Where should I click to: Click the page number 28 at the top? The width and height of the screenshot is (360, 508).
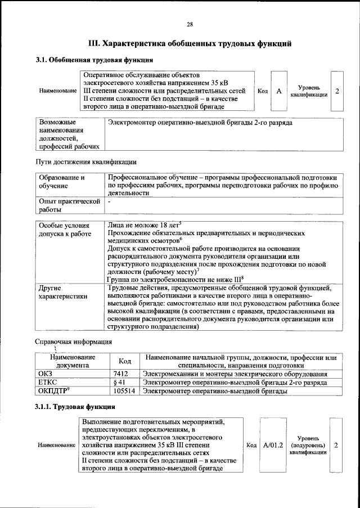[x=190, y=24]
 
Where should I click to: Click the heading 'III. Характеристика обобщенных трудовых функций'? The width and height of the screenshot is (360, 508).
[x=190, y=43]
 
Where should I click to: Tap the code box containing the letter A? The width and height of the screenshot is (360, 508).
[x=278, y=91]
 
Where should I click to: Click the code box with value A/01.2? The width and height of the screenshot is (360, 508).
[x=272, y=445]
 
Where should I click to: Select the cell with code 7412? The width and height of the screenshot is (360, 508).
[x=121, y=374]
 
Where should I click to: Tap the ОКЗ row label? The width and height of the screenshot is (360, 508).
[x=44, y=374]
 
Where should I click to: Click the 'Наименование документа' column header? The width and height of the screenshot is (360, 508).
[x=72, y=361]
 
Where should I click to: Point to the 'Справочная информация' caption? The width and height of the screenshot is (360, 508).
[x=73, y=341]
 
